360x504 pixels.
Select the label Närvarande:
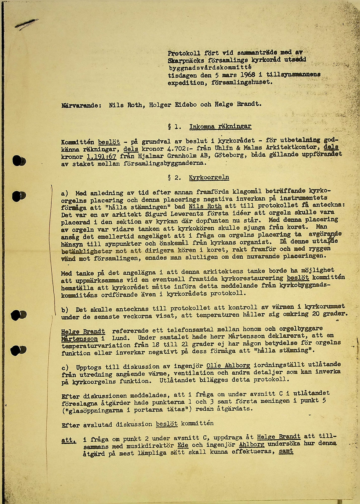(81, 105)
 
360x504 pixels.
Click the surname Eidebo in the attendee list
(171, 105)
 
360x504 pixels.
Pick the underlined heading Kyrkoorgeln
(209, 178)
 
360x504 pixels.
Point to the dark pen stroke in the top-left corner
(26, 24)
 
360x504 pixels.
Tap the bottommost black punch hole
(19, 349)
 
